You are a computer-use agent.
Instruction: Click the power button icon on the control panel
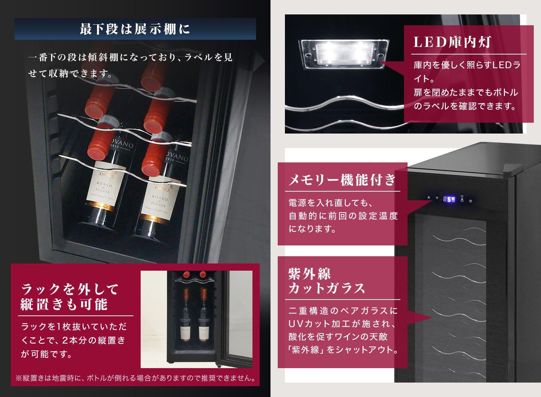[471, 201]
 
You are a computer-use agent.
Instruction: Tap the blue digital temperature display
[449, 199]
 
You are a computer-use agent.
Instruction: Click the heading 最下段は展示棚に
[135, 29]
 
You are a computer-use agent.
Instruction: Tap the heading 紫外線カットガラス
[327, 281]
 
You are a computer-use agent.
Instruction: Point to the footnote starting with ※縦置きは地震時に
[135, 378]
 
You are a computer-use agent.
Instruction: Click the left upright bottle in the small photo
[186, 314]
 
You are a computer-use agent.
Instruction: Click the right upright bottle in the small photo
[204, 314]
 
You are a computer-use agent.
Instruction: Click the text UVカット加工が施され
[343, 323]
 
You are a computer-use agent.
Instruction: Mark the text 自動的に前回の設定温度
[343, 216]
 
